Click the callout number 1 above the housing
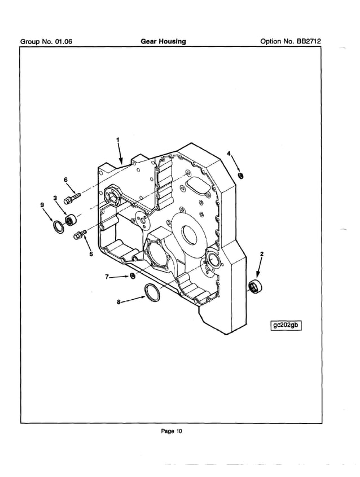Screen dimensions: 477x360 [117, 139]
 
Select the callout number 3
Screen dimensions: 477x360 [55, 198]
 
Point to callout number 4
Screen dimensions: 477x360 [229, 154]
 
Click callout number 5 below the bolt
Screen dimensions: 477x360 [90, 253]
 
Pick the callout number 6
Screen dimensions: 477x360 [65, 180]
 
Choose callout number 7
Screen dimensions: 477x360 [106, 277]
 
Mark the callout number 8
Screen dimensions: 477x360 [118, 302]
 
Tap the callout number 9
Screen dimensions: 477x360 [42, 204]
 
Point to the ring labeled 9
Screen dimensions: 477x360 [58, 227]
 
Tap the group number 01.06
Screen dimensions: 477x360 [46, 42]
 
